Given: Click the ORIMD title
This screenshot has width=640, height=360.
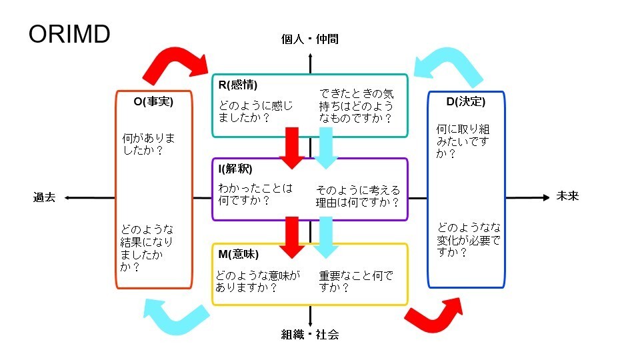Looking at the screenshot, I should point(69,35).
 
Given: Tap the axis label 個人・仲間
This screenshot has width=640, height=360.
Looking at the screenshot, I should point(310,39).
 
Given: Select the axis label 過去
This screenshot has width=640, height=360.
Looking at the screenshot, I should point(45,197).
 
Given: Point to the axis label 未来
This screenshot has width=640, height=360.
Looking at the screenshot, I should point(567,197).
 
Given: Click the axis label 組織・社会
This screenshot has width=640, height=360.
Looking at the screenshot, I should point(310,335).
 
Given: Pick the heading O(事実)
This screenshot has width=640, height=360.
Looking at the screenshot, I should point(153,102).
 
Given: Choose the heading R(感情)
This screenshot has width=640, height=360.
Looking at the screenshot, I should point(238,85).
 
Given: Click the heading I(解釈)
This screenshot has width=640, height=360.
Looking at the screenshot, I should point(235,169).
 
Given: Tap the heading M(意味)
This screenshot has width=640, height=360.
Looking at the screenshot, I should point(238,254).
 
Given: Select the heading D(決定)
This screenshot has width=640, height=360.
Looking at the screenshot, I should point(465,102).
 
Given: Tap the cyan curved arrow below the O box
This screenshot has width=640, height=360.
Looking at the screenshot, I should point(173,316).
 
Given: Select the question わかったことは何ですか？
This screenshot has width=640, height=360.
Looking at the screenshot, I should point(255,194).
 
